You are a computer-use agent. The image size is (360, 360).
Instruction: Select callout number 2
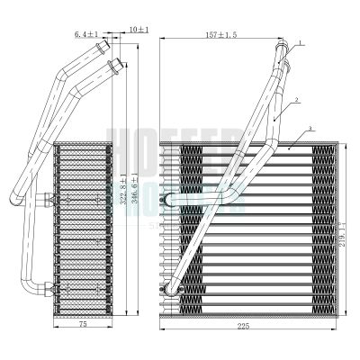pos(308,102)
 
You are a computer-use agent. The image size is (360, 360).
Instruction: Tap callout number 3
pos(310,130)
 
